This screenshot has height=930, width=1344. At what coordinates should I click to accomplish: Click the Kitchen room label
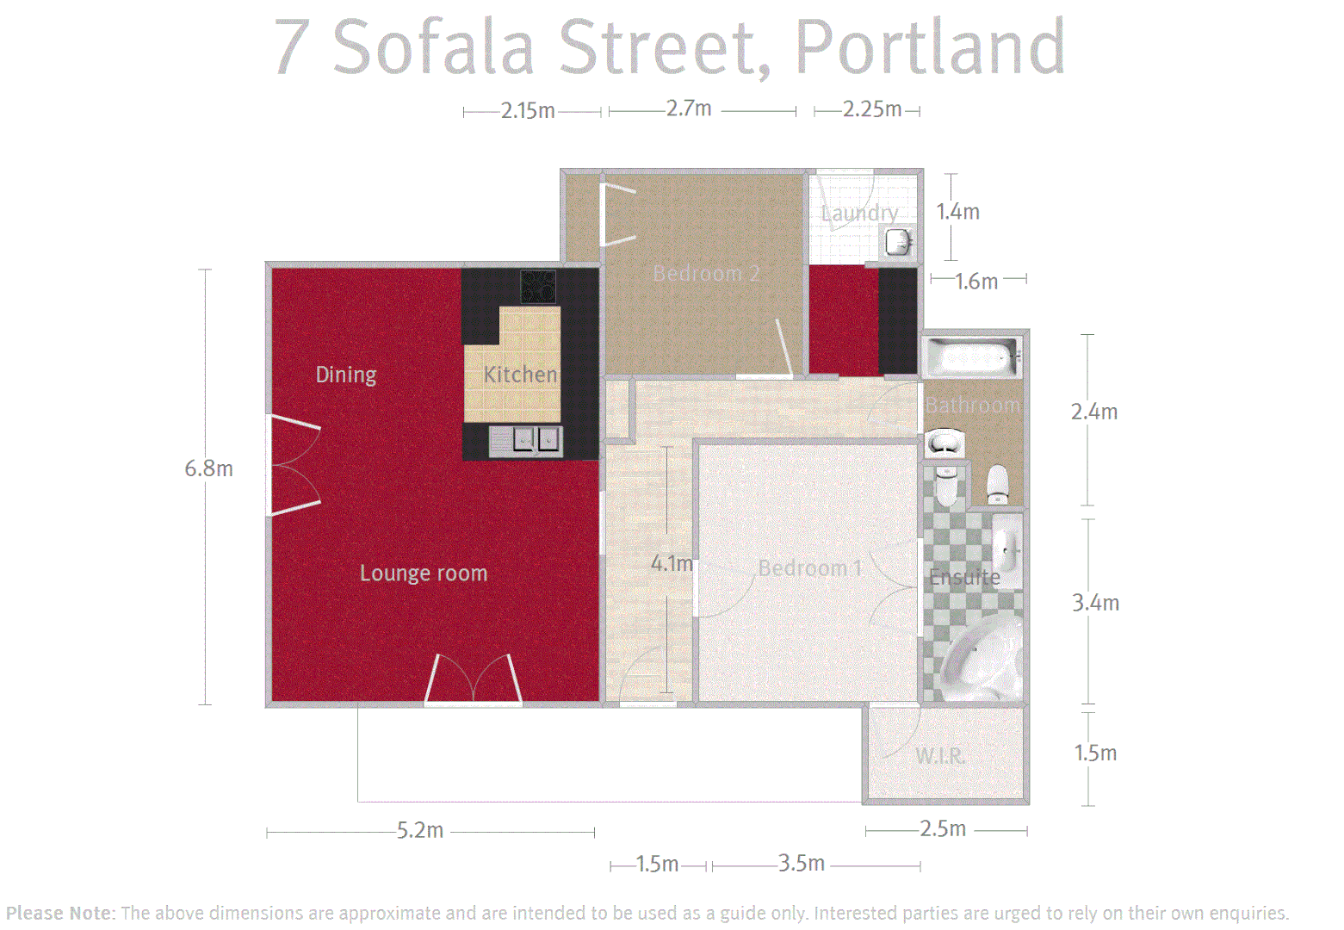tap(520, 375)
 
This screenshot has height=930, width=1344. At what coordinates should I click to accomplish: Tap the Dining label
tap(346, 375)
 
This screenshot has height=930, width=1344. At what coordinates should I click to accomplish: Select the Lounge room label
tap(424, 573)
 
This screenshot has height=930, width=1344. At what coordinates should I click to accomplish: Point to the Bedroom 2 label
tap(706, 274)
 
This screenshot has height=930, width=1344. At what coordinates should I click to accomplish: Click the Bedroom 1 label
tap(809, 568)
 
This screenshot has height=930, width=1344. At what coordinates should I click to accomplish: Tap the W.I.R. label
tap(940, 756)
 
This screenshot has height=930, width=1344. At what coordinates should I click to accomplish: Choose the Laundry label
tap(859, 213)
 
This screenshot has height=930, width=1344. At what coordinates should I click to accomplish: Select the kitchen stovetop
tap(538, 286)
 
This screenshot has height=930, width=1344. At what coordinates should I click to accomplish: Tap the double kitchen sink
tap(526, 441)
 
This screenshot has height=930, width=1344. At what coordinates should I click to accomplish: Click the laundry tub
tap(897, 242)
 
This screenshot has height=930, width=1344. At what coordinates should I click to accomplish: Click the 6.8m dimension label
tap(208, 468)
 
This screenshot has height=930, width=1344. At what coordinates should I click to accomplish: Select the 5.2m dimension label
tap(420, 830)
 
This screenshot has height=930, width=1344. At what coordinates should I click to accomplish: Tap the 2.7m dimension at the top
tap(689, 108)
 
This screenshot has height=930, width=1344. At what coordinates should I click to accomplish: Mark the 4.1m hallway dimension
tap(672, 563)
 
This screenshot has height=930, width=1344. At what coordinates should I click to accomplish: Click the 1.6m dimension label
tap(976, 281)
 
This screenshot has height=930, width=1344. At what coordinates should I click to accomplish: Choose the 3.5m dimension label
tap(802, 863)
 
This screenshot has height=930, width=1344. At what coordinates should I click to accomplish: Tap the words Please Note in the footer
tap(59, 913)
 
